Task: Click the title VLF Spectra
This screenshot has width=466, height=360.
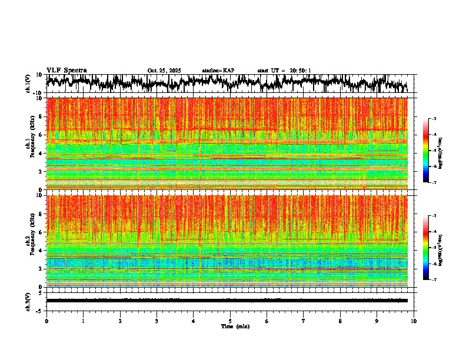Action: [x=66, y=71]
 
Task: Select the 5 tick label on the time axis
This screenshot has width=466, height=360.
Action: [x=230, y=321]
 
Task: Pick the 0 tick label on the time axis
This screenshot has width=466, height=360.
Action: [x=46, y=321]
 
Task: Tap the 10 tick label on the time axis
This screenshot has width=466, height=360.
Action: [x=414, y=321]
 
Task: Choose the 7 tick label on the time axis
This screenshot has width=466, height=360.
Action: [x=304, y=321]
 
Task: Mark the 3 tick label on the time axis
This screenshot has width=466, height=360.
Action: [x=157, y=321]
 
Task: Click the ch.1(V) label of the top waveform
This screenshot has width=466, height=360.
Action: [x=28, y=84]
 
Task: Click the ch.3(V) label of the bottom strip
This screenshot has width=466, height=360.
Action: [x=28, y=300]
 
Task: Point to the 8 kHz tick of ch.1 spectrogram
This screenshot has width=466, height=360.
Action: [x=40, y=116]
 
